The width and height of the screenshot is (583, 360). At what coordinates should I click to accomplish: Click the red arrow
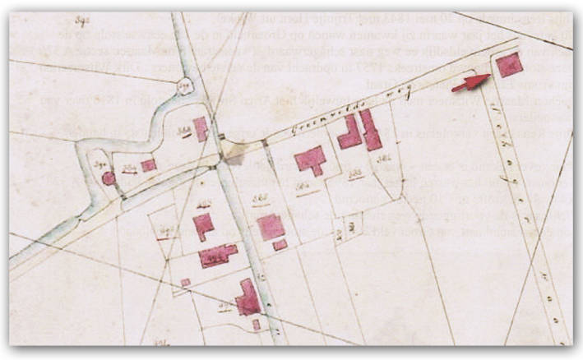[470, 82]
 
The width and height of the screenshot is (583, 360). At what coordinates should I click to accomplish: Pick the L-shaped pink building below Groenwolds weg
[349, 133]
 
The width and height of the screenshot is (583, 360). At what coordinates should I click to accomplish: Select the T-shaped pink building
[311, 159]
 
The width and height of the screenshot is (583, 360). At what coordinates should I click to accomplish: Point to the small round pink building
[109, 178]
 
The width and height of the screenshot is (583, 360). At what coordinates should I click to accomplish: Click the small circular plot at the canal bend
[186, 85]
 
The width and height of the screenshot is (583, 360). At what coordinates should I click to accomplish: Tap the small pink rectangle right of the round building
[148, 165]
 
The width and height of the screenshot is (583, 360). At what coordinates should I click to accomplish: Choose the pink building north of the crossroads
[200, 129]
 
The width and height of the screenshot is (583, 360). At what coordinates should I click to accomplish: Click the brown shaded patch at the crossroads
[235, 151]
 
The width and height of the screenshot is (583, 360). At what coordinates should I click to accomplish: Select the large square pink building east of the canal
[271, 226]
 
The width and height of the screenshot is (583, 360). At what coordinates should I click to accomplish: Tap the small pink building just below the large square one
[280, 245]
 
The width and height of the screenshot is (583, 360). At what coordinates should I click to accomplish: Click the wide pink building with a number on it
[217, 255]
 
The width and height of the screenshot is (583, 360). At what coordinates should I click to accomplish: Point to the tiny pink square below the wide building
[186, 283]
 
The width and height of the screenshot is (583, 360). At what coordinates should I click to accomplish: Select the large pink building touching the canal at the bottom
[248, 299]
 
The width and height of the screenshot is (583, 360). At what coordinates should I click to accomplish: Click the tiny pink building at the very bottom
[256, 325]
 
